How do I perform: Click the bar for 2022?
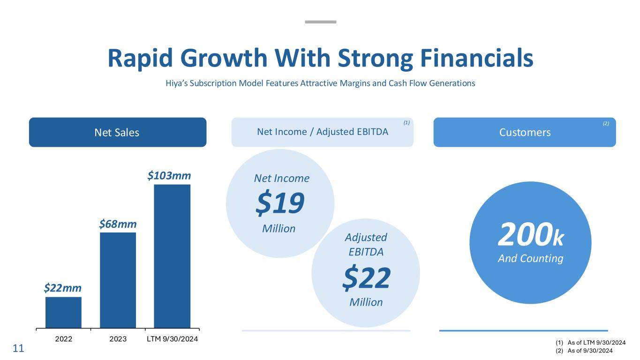click(x=63, y=312)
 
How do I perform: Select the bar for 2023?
click(x=118, y=280)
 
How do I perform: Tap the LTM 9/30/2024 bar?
click(x=172, y=256)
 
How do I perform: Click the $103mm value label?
click(x=169, y=176)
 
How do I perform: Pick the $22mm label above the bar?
click(x=63, y=288)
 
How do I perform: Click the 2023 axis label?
click(x=118, y=339)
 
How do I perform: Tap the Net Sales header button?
click(x=117, y=132)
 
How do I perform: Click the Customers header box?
click(x=524, y=132)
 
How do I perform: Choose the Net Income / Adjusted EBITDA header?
click(x=323, y=132)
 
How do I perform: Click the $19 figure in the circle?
click(x=280, y=204)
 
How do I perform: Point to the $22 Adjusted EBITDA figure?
click(x=366, y=277)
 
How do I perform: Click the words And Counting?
click(x=530, y=258)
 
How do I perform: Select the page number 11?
click(x=18, y=349)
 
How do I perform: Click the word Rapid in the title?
click(x=140, y=58)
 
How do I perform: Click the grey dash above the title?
click(x=320, y=22)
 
